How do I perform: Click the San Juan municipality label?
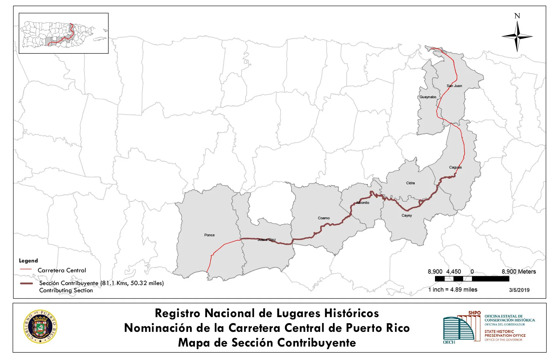454,86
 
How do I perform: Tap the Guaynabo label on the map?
428,97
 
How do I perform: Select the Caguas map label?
455,167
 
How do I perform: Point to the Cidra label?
410,183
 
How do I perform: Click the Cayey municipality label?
407,215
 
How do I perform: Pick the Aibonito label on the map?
363,203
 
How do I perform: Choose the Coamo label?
323,218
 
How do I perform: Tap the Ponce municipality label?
209,235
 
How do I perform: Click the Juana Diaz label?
267,240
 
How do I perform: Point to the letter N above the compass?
517,16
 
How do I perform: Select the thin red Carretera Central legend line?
26,269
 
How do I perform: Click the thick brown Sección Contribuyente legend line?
26,283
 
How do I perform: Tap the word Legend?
28,261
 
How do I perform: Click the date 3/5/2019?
519,290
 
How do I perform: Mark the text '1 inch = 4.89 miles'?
453,290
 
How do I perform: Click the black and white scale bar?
472,279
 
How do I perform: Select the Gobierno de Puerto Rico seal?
40,326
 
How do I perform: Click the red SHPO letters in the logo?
474,313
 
